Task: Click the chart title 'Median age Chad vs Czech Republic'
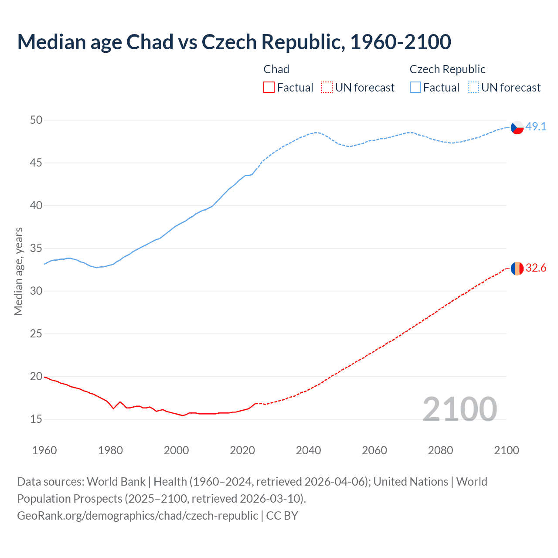tap(234, 42)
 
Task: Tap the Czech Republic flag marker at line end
tap(517, 127)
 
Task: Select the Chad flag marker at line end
tap(517, 269)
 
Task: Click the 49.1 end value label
tap(536, 127)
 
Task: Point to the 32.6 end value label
tap(536, 268)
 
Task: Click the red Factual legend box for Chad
tap(269, 88)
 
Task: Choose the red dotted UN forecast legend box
tap(327, 88)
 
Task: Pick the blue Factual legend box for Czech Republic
tap(415, 88)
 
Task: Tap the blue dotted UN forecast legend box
tap(473, 88)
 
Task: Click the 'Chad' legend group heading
tap(276, 69)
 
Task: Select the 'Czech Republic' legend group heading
tap(447, 69)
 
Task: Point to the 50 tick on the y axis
tap(36, 120)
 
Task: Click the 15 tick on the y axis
tap(36, 419)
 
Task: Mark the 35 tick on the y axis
tap(36, 248)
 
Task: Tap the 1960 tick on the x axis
tap(44, 450)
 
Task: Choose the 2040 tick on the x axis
tap(308, 450)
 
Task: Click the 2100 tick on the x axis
tap(507, 450)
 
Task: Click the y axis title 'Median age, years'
tap(18, 271)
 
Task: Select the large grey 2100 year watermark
tap(460, 409)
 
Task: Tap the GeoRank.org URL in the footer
tap(137, 516)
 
